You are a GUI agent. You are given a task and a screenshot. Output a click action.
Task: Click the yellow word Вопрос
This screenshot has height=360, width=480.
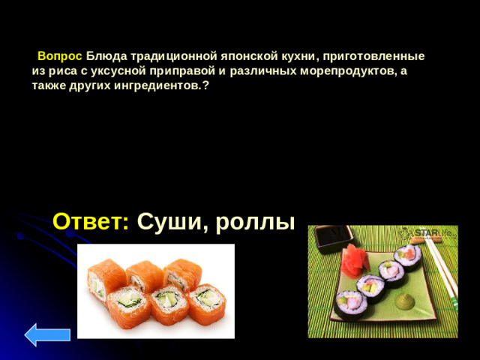pyautogui.click(x=59, y=56)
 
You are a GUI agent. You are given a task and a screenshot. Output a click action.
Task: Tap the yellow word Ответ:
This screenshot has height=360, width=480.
pyautogui.click(x=91, y=221)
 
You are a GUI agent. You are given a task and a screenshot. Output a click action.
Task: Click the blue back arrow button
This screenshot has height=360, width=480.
pyautogui.click(x=47, y=334)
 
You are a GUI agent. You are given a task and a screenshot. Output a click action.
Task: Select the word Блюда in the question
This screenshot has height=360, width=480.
pyautogui.click(x=106, y=56)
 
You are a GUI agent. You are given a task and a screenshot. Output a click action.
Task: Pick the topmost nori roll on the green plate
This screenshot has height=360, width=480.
pyautogui.click(x=408, y=253)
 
